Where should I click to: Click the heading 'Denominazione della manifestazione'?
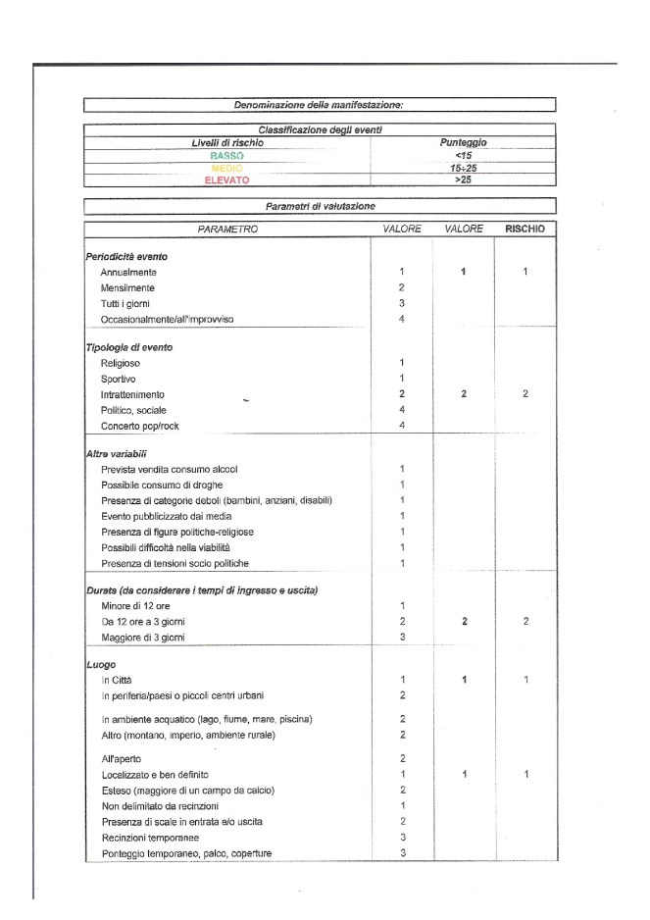tap(320, 104)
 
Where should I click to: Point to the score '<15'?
tap(465, 155)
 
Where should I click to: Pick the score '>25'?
tap(465, 180)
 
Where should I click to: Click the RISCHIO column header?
tap(525, 229)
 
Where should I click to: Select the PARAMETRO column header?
tap(227, 229)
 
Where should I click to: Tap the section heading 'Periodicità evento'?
tap(125, 256)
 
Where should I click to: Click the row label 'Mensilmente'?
tap(127, 287)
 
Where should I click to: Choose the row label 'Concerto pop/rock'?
tap(140, 426)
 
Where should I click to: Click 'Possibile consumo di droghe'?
tap(162, 485)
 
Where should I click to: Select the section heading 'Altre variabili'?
tap(118, 454)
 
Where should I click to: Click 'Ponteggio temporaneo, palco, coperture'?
tap(187, 852)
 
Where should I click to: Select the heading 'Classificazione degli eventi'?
tap(320, 129)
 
